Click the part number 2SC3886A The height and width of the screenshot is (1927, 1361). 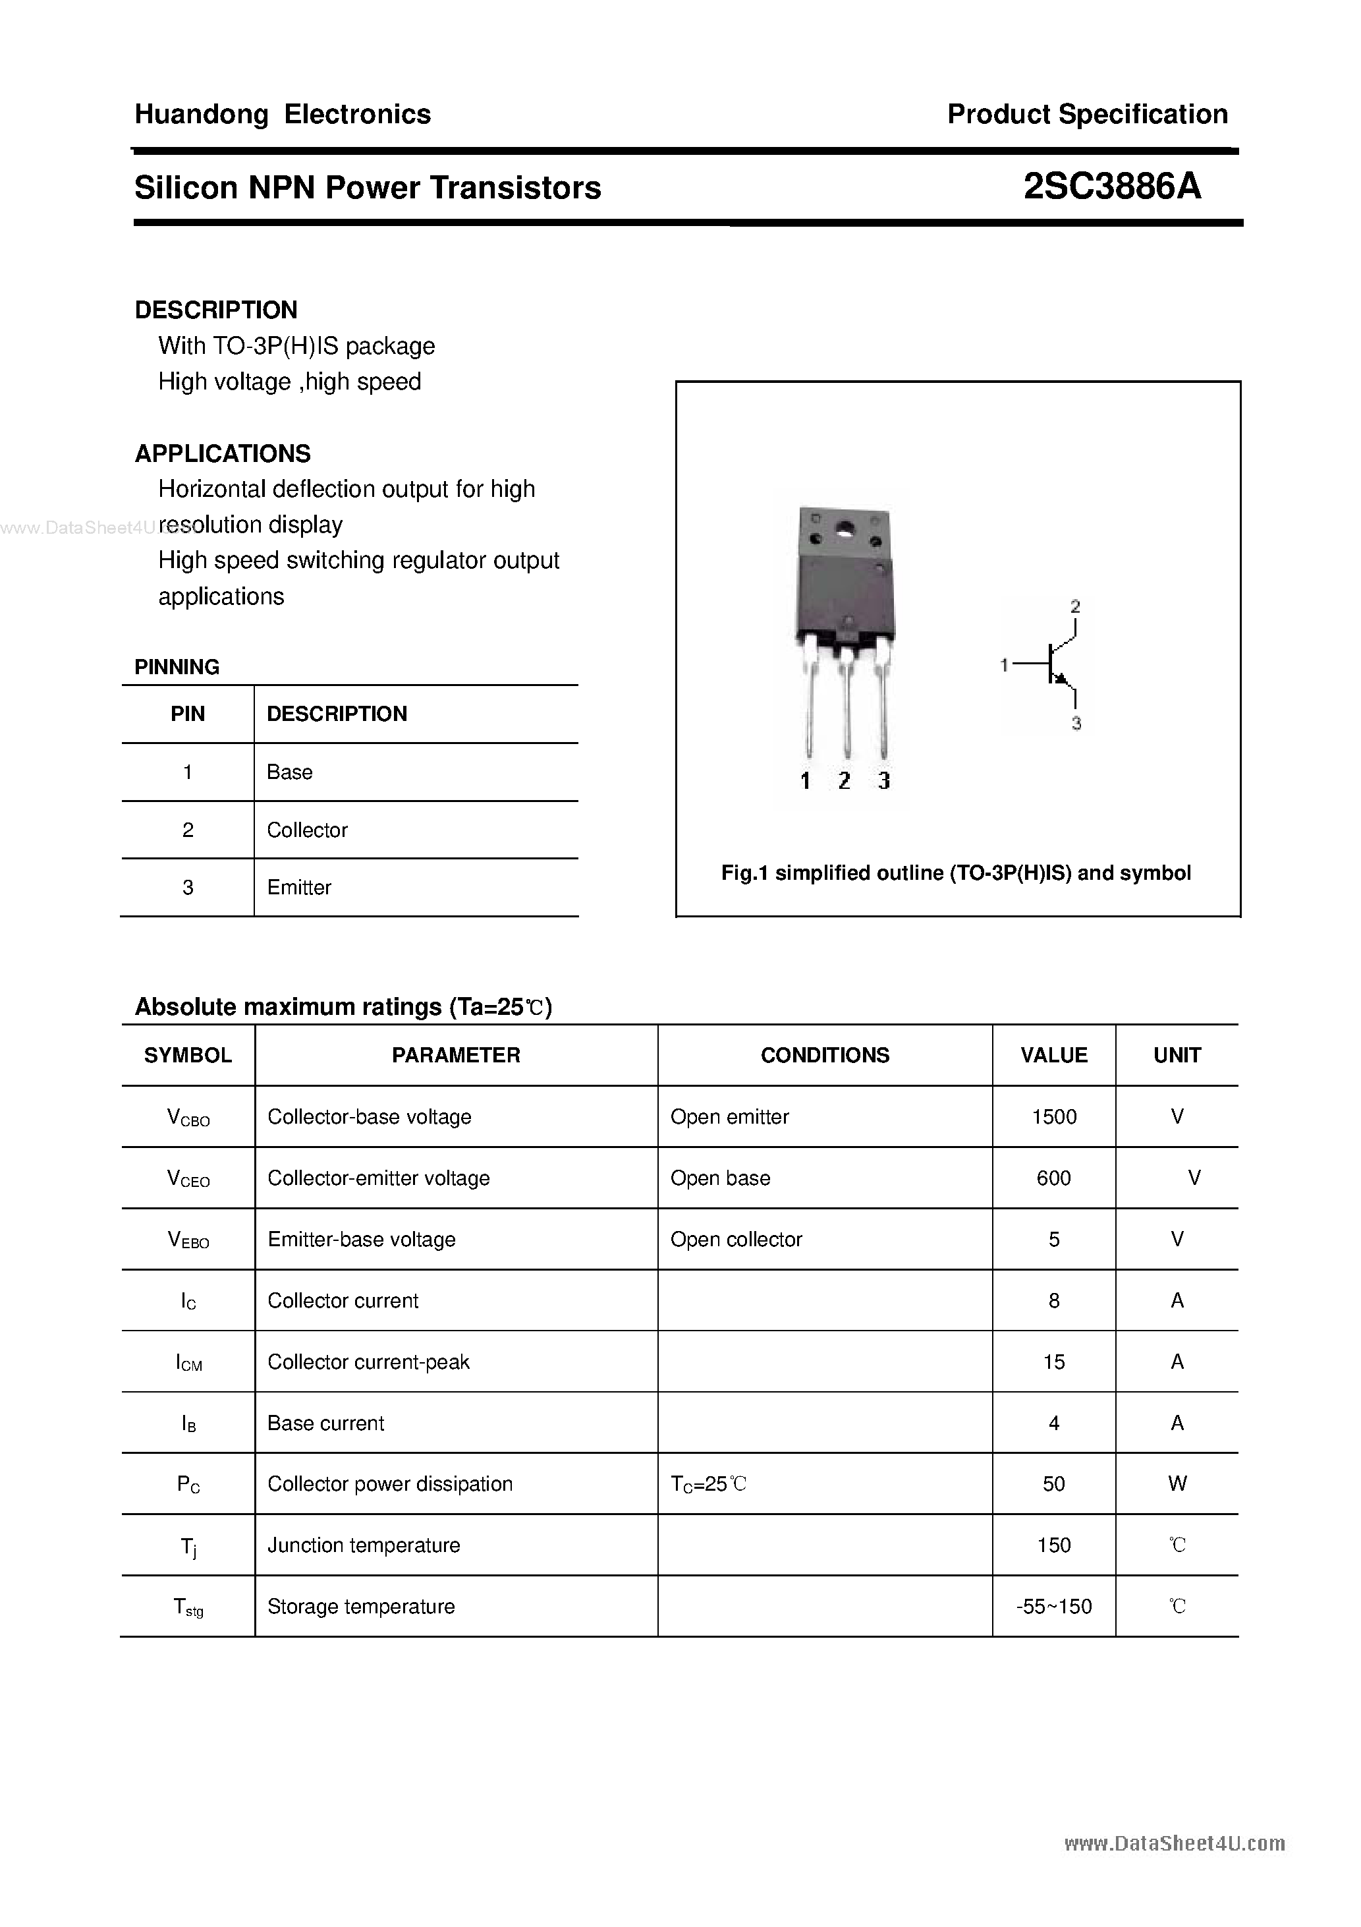pyautogui.click(x=1112, y=187)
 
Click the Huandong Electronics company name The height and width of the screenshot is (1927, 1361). pyautogui.click(x=283, y=114)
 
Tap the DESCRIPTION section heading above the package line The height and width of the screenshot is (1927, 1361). pyautogui.click(x=215, y=310)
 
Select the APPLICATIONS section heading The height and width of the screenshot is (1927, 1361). pyautogui.click(x=223, y=453)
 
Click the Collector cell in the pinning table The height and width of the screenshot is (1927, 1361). pyautogui.click(x=307, y=830)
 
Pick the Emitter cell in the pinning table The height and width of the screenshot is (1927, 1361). pyautogui.click(x=298, y=887)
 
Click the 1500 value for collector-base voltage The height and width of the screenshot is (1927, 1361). pyautogui.click(x=1054, y=1116)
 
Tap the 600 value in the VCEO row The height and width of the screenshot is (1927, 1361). pyautogui.click(x=1054, y=1178)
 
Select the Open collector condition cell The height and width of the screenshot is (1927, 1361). pyautogui.click(x=736, y=1239)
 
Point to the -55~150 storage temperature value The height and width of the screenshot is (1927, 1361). pyautogui.click(x=1054, y=1607)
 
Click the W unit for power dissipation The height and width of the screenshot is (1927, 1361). pyautogui.click(x=1177, y=1484)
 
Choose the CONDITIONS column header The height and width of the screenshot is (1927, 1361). pyautogui.click(x=825, y=1055)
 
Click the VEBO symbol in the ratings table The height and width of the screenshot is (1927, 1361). pyautogui.click(x=188, y=1240)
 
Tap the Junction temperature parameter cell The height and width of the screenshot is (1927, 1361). pyautogui.click(x=364, y=1545)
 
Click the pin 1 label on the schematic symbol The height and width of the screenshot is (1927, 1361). pyautogui.click(x=1003, y=665)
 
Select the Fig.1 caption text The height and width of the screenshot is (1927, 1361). pyautogui.click(x=956, y=873)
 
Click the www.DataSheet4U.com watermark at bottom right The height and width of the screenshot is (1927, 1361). pyautogui.click(x=1174, y=1843)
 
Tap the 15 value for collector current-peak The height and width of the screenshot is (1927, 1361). pyautogui.click(x=1054, y=1362)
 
